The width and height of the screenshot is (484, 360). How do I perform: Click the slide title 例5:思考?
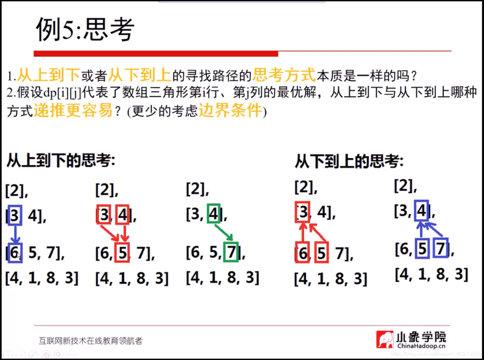pos(85,29)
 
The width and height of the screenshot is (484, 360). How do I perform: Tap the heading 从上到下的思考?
pos(61,161)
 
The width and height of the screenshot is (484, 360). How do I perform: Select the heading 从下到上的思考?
pos(349,162)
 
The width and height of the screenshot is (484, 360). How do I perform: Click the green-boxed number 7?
pos(231,252)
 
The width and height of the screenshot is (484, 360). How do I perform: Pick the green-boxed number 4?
pos(213,213)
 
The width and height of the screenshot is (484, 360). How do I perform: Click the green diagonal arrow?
pos(224,233)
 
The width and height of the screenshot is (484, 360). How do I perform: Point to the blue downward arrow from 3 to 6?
pos(15,234)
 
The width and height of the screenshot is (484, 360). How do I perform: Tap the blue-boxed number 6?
pos(15,253)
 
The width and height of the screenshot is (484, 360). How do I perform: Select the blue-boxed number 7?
pos(441,248)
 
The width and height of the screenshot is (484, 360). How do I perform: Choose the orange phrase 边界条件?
pos(230,110)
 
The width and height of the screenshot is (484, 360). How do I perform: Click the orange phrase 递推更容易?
pos(73,110)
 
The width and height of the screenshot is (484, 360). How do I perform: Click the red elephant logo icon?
pos(385,339)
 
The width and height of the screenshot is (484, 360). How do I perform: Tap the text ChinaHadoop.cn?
pos(421,346)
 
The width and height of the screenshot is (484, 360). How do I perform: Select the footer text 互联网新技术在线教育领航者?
pos(90,341)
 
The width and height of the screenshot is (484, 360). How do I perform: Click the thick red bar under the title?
pos(156,54)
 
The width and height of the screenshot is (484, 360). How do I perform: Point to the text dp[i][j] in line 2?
pos(62,93)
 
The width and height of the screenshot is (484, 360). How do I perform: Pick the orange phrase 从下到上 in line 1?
pos(139,75)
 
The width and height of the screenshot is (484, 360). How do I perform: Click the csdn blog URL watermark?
pos(435,354)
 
